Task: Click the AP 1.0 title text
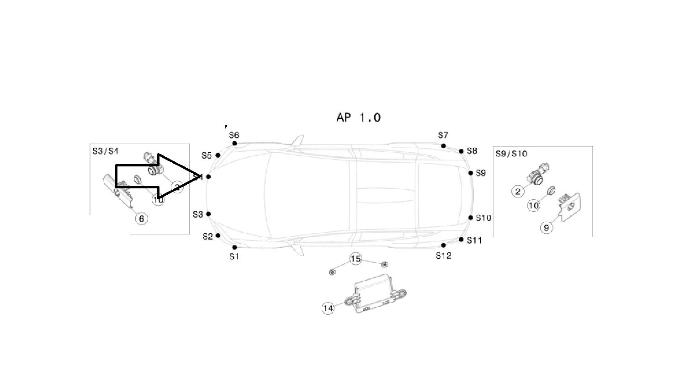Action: pyautogui.click(x=358, y=117)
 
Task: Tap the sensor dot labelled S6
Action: pyautogui.click(x=234, y=144)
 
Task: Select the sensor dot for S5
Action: pyautogui.click(x=218, y=155)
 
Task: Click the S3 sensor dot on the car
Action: pyautogui.click(x=208, y=214)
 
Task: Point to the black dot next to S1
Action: pyautogui.click(x=234, y=247)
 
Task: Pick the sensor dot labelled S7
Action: pyautogui.click(x=443, y=146)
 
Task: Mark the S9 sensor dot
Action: pyautogui.click(x=471, y=173)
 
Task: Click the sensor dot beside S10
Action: pyautogui.click(x=471, y=218)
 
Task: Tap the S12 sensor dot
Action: pyautogui.click(x=443, y=245)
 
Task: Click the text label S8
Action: pyautogui.click(x=472, y=151)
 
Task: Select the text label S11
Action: pyautogui.click(x=474, y=240)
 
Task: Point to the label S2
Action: pyautogui.click(x=207, y=236)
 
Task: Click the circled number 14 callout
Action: pyautogui.click(x=328, y=309)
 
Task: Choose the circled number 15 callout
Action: pyautogui.click(x=356, y=259)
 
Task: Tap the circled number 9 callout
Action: pyautogui.click(x=547, y=228)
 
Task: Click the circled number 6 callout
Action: pyautogui.click(x=141, y=219)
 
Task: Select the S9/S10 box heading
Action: pyautogui.click(x=511, y=154)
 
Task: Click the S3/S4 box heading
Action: pyautogui.click(x=105, y=151)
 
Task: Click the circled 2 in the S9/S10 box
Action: pyautogui.click(x=517, y=191)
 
